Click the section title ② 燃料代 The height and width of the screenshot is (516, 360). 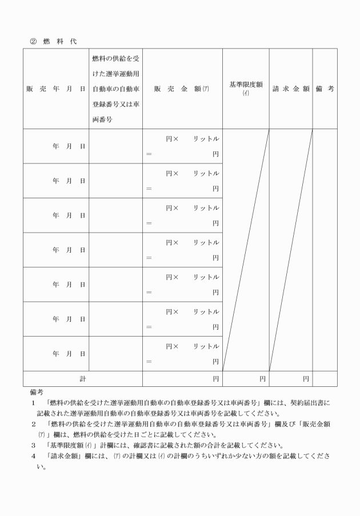coord(54,41)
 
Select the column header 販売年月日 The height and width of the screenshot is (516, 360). coord(55,89)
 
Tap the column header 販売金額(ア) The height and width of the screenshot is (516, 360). coord(182,89)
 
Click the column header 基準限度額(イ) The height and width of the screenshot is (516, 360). coord(246,88)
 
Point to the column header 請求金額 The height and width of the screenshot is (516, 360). coord(291,89)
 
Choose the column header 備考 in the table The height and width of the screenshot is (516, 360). coord(325,89)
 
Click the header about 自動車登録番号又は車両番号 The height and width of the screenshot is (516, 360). coord(116,89)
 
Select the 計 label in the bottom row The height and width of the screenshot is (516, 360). coord(82,378)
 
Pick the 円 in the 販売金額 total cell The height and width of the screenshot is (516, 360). coord(215,378)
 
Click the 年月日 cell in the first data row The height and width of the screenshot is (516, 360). coord(69,146)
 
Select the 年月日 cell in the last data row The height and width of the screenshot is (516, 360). coord(69,354)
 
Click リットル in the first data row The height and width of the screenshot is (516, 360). coord(206,139)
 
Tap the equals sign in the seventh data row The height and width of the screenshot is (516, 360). coord(149,361)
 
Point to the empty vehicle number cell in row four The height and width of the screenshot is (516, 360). coord(116,250)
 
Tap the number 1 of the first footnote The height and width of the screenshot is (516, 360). coord(34,403)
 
